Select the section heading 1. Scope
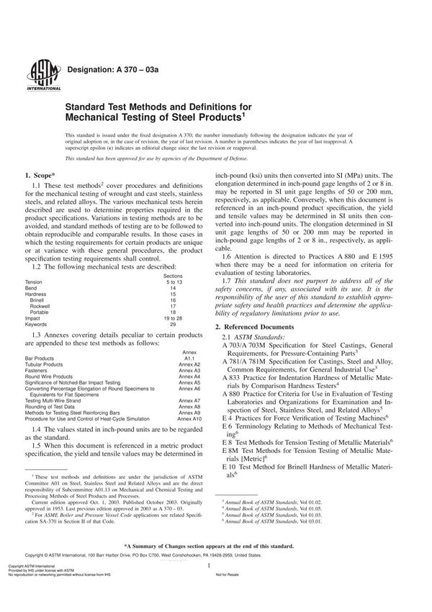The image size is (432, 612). (x=45, y=175)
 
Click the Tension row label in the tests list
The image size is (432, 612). (x=35, y=282)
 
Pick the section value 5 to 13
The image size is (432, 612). (x=173, y=282)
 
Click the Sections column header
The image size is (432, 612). (x=173, y=275)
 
